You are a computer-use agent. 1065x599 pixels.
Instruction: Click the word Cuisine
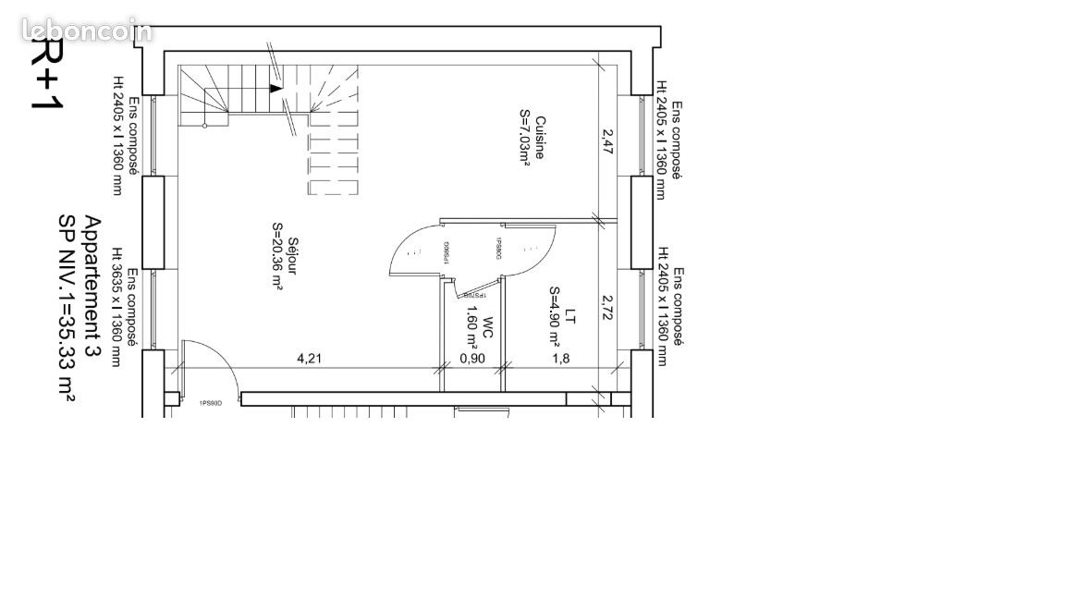pyautogui.click(x=539, y=137)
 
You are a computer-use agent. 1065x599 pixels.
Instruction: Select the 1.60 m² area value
pyautogui.click(x=471, y=329)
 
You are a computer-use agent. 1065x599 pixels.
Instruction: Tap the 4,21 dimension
pyautogui.click(x=309, y=359)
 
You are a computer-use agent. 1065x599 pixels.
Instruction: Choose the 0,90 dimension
pyautogui.click(x=472, y=359)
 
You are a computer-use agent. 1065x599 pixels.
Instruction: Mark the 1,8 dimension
pyautogui.click(x=559, y=359)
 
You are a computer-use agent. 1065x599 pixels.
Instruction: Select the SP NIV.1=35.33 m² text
pyautogui.click(x=67, y=307)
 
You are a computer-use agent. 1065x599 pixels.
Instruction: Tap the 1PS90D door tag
pyautogui.click(x=211, y=403)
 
